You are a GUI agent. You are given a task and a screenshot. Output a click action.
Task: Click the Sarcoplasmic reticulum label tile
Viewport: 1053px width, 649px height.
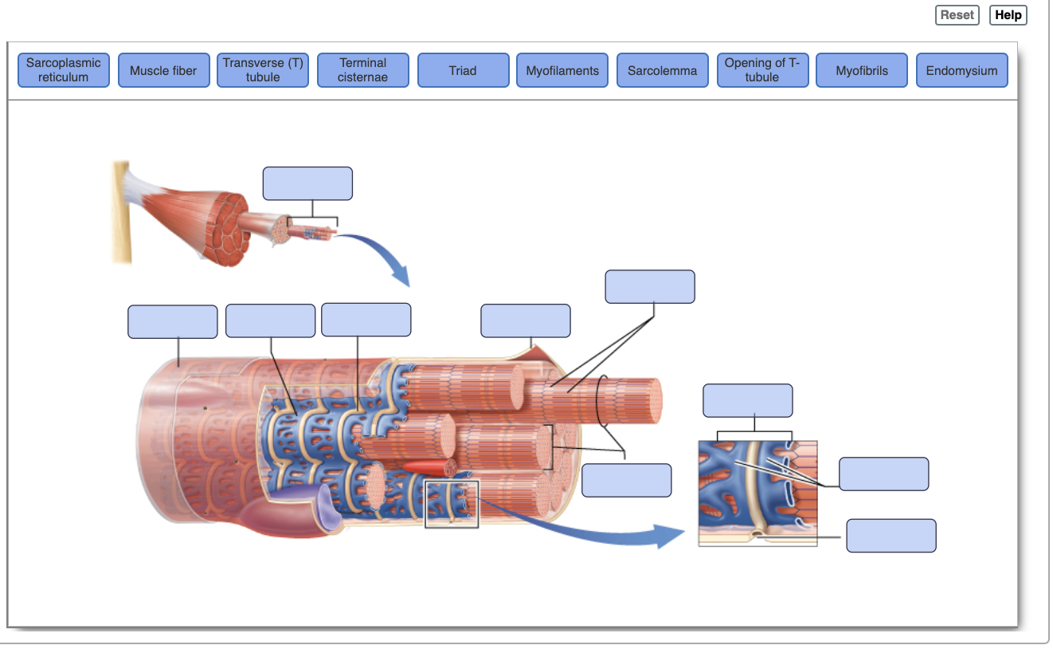pos(64,70)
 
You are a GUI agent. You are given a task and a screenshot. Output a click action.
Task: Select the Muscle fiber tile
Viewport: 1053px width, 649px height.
pos(163,70)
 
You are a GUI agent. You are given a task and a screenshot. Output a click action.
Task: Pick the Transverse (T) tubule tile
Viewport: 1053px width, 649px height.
pos(263,70)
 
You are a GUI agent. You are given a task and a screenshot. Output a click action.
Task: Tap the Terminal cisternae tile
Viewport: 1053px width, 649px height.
pos(363,70)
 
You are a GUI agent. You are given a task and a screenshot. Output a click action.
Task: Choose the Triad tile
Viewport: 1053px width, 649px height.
pos(463,70)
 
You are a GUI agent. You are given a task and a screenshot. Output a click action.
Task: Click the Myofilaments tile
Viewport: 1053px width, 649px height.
pos(562,70)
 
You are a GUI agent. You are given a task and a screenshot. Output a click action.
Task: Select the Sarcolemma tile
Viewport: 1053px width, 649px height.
pos(662,70)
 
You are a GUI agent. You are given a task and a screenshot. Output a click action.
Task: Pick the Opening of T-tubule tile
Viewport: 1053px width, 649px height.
pos(762,70)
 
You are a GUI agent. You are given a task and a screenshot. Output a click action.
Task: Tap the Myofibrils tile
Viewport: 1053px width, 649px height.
pos(862,70)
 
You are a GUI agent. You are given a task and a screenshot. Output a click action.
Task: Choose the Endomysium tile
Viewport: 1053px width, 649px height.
pos(961,70)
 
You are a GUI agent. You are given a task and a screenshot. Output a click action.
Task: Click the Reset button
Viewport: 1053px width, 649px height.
pos(957,15)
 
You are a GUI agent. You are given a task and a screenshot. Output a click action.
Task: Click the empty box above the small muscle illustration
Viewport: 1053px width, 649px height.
pos(307,183)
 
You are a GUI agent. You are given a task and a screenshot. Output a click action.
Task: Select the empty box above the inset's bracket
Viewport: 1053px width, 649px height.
pos(747,400)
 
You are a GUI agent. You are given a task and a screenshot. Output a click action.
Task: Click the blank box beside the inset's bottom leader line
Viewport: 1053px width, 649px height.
pos(891,536)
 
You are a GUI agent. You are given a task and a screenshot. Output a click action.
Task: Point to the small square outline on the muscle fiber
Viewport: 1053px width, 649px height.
pos(452,504)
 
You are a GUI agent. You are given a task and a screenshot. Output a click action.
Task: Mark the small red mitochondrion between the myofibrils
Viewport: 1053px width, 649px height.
pos(426,467)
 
